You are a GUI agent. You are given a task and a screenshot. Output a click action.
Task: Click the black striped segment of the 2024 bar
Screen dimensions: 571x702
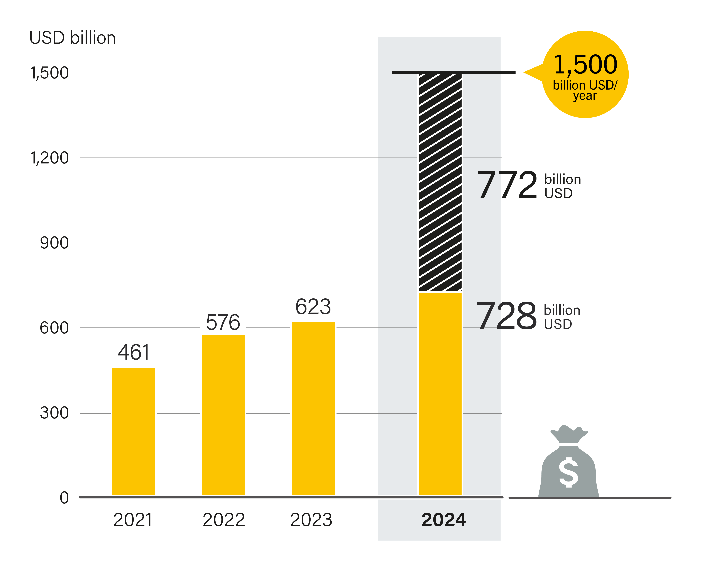pos(440,183)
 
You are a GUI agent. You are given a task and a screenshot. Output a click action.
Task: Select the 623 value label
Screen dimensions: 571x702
pos(313,307)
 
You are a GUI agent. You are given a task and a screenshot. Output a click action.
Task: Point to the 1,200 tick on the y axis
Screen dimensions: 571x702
pos(49,158)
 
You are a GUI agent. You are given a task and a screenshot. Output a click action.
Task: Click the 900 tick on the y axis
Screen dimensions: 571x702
pos(54,243)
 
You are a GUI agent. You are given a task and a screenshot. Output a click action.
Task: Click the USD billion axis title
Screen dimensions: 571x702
pos(72,38)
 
